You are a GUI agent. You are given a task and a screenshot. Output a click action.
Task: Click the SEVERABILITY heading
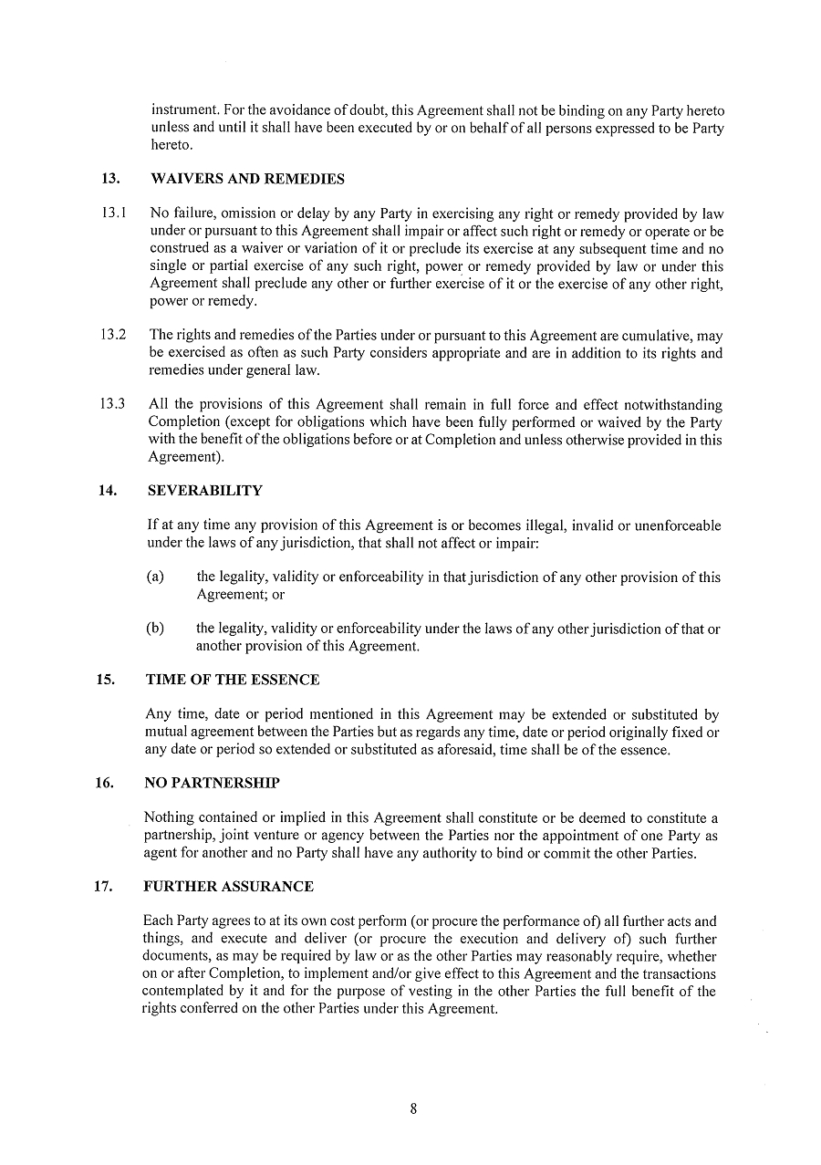pos(204,491)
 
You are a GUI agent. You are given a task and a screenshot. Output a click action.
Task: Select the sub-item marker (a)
pos(155,577)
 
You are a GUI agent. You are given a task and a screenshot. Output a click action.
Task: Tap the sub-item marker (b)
pos(155,629)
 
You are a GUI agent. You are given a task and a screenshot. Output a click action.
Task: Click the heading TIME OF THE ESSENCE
pos(232,680)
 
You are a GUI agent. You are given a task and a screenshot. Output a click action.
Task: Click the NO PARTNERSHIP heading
pos(212,783)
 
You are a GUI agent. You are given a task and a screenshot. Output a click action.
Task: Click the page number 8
pos(413,1109)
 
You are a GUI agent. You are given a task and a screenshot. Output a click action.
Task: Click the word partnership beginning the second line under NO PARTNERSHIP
pos(178,837)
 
